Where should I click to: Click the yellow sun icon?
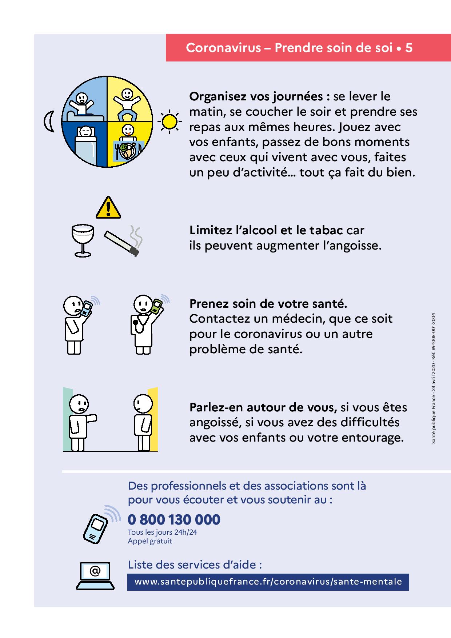tap(169, 121)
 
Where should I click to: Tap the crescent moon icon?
tap(49, 121)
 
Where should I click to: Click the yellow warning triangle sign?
tap(108, 208)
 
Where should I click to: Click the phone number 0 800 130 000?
tap(174, 519)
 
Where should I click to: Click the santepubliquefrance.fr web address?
tap(268, 582)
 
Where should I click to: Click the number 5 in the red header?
tap(409, 48)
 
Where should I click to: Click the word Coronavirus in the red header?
tap(223, 48)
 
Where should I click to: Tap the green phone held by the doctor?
tap(157, 306)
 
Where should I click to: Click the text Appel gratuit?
tap(150, 541)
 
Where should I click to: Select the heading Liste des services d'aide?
tap(195, 565)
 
